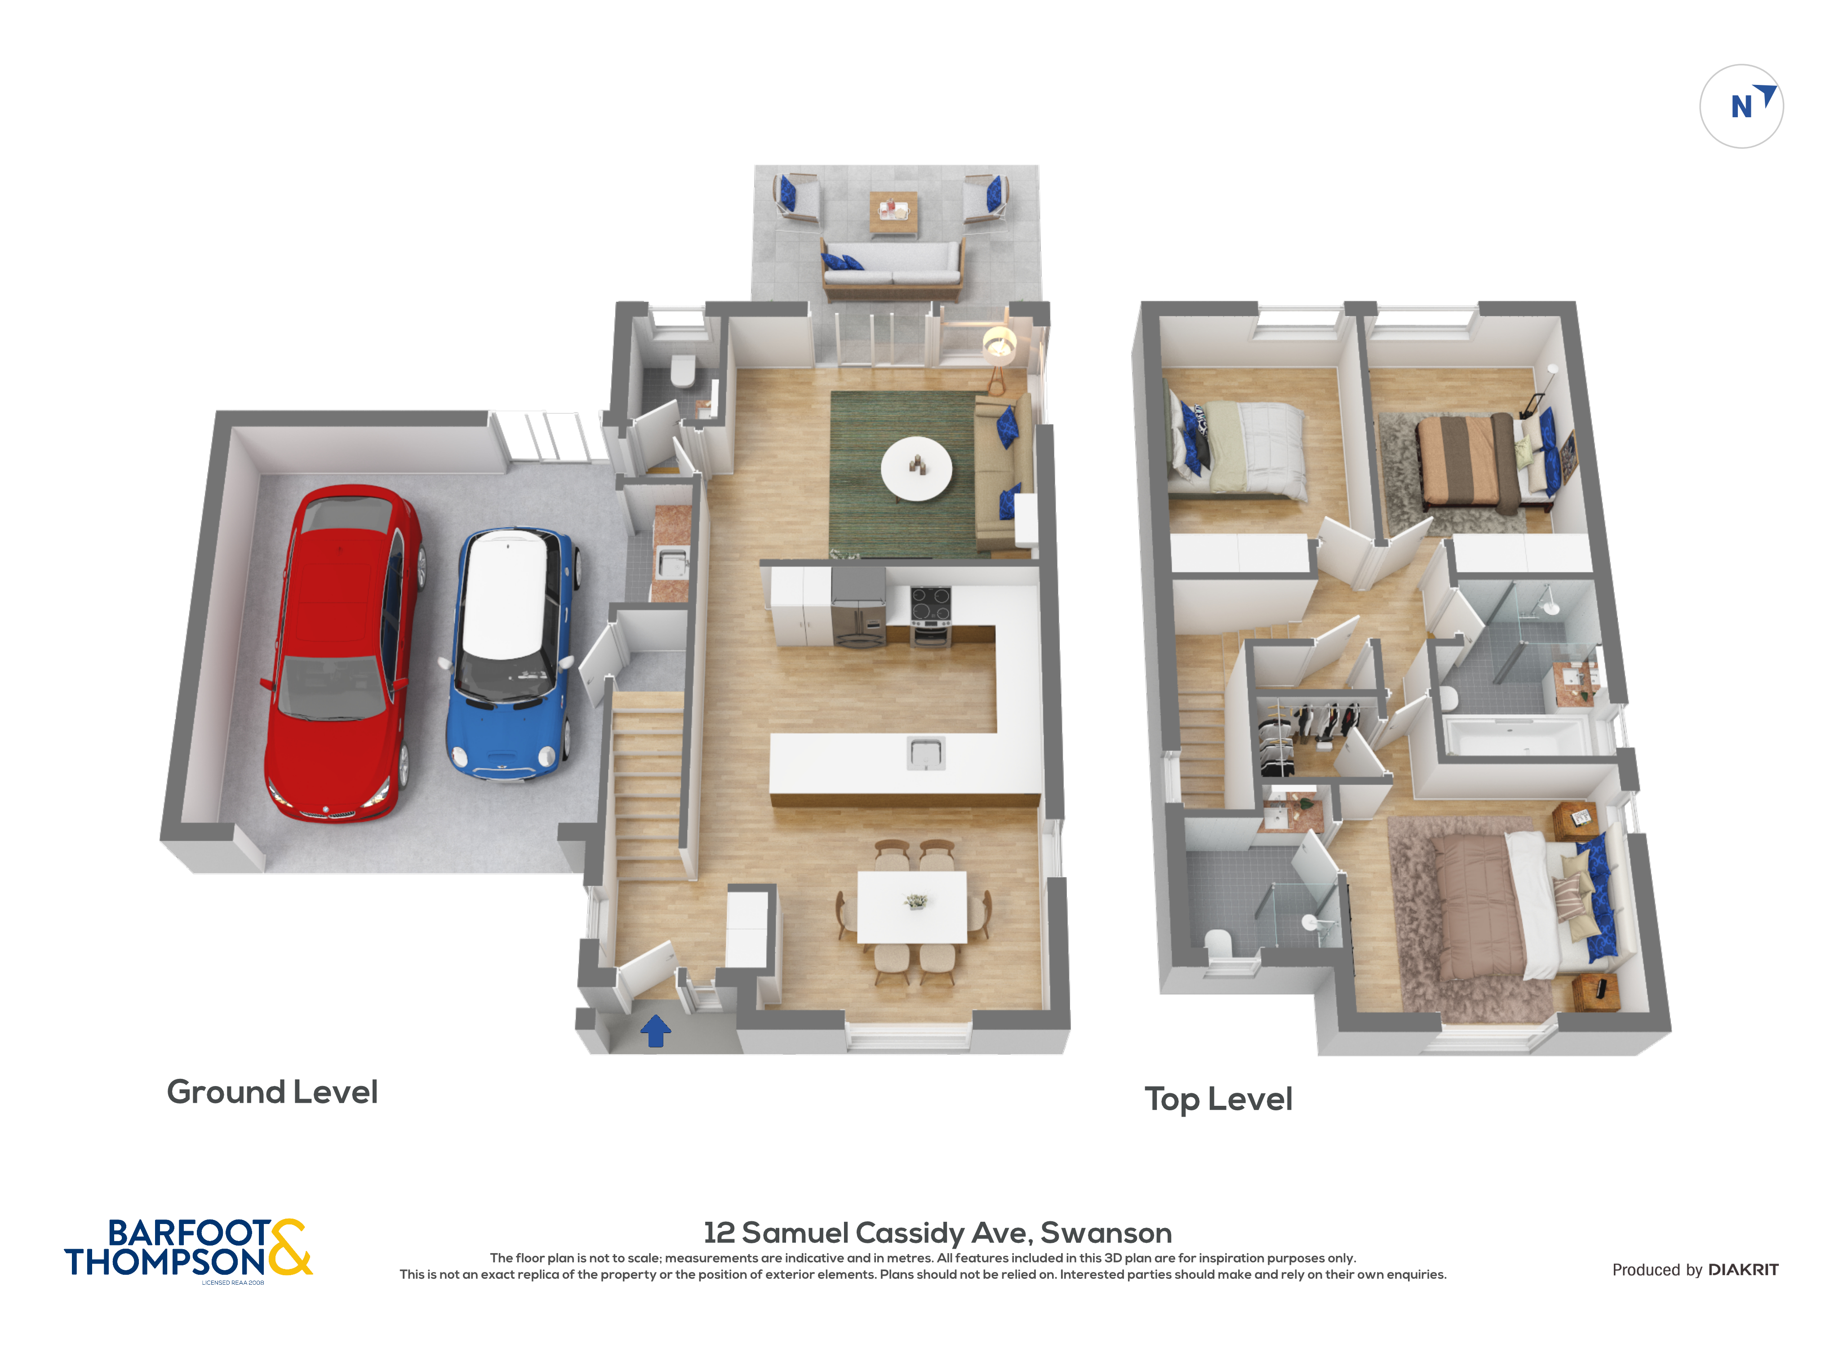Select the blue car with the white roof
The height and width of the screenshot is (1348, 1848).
pos(511,653)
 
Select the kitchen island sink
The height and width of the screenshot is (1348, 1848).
pos(926,752)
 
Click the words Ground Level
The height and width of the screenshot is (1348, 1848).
pos(272,1092)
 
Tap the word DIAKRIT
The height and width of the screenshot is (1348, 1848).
pos(1743,1270)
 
